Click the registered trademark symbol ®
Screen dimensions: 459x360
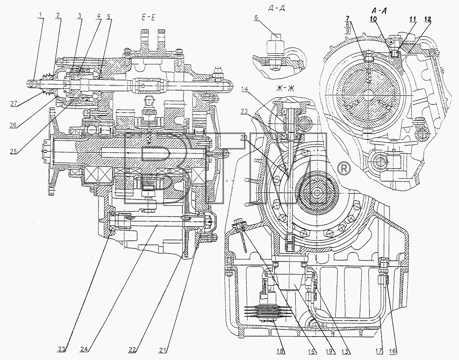pos(344,169)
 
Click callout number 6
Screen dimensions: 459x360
pos(256,17)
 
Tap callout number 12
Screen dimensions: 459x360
pos(428,19)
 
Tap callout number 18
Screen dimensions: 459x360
pos(281,350)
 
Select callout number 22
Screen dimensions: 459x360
pos(132,349)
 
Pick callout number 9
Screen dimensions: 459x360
pos(347,31)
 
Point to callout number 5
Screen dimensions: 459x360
pos(109,17)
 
